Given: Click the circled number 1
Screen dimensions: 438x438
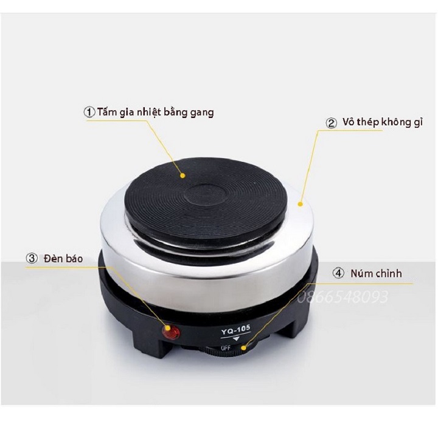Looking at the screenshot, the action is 89,113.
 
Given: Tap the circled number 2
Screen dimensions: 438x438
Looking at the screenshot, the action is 332,123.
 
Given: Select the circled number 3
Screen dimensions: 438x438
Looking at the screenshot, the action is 32,258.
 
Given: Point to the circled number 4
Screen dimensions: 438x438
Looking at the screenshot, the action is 338,273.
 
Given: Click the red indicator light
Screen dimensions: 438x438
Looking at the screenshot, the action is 171,332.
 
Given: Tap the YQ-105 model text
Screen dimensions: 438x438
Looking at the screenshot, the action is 236,330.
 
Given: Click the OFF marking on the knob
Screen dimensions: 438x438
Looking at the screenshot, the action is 226,348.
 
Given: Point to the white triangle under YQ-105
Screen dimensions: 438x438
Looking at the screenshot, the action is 236,339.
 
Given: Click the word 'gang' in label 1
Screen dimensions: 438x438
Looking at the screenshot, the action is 202,113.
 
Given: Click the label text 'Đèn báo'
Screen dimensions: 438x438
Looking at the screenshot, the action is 63,258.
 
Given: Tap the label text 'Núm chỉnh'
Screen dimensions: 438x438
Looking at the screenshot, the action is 377,273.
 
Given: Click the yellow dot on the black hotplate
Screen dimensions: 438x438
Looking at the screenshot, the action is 182,176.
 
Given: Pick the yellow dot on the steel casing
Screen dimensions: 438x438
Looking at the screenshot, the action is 301,204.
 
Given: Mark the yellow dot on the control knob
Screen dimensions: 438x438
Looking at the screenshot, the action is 244,348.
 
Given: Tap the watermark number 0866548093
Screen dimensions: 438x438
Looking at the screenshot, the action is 342,297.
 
